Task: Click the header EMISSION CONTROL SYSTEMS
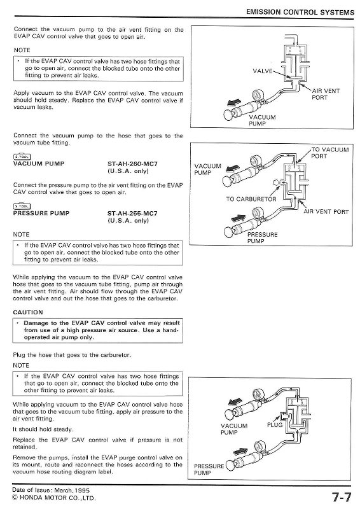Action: [296, 12]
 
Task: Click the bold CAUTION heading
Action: [28, 312]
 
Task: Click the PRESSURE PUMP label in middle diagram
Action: [262, 238]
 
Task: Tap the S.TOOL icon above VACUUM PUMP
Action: [22, 157]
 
